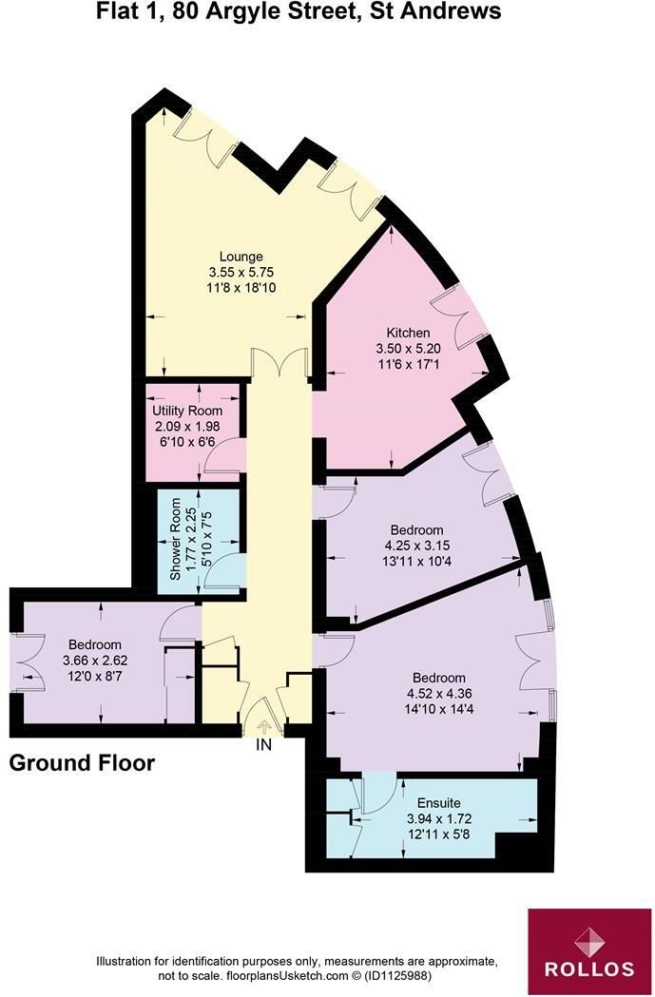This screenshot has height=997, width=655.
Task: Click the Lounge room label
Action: point(241,257)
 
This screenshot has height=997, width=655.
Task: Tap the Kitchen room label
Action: point(408,333)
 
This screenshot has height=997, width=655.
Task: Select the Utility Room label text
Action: point(187,411)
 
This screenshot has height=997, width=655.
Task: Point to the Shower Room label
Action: point(176,539)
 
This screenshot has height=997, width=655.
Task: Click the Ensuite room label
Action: point(439,803)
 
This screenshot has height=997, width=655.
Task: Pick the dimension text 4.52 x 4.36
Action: point(439,694)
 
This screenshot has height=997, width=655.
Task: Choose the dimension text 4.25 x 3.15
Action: point(416,546)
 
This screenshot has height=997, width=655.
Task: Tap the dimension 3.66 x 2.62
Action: point(95,661)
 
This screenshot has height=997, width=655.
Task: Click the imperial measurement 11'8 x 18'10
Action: point(241,288)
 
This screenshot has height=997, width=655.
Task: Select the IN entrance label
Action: point(264,744)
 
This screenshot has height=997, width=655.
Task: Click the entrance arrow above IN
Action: point(264,727)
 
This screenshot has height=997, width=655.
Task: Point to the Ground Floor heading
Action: point(82,762)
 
